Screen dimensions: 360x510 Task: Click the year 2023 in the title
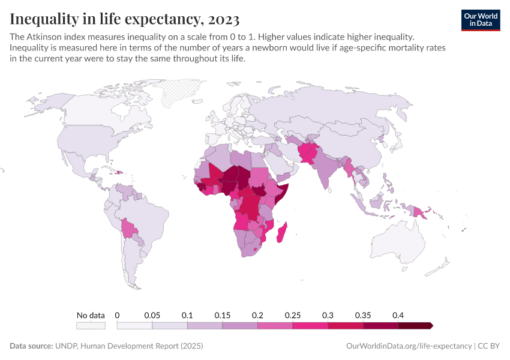point(222,19)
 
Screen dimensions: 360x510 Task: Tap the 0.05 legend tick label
point(152,315)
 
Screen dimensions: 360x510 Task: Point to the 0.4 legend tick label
point(397,315)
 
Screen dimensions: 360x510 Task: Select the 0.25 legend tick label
point(292,315)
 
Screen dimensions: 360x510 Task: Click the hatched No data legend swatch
point(91,325)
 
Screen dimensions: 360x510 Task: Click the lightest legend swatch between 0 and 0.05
point(134,325)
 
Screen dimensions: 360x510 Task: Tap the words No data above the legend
point(91,315)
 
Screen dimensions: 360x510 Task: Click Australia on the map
point(399,246)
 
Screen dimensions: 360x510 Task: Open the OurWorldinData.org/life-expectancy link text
point(409,346)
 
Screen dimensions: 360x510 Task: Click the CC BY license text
point(489,346)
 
